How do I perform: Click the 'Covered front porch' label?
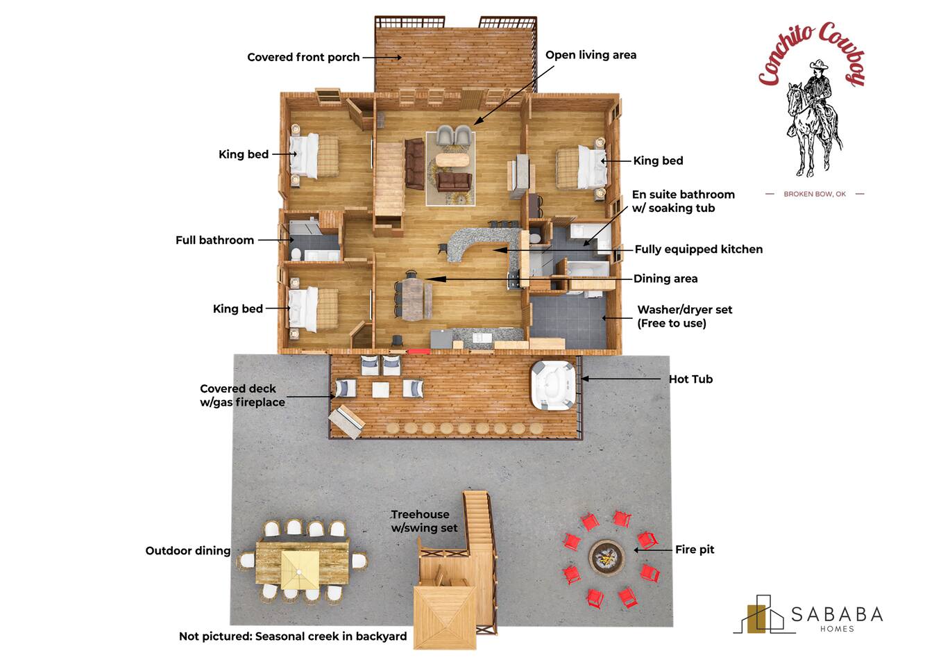303,57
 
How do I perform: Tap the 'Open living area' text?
591,55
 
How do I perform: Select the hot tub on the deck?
553,385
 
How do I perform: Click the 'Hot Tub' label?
690,379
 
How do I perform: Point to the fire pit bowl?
607,557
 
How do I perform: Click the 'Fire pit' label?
695,550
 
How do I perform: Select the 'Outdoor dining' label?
188,551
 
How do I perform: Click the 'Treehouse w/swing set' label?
424,521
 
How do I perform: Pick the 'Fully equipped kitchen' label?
699,249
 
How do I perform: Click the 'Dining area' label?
665,279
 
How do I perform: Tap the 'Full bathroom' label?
214,240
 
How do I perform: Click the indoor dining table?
413,299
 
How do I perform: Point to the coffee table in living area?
452,160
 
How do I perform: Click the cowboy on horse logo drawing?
813,118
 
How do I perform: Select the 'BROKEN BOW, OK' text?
815,194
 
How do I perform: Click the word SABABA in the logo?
837,614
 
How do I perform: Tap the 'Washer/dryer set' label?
684,309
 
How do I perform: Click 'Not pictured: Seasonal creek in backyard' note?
293,636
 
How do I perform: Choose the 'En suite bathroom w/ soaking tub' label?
683,201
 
